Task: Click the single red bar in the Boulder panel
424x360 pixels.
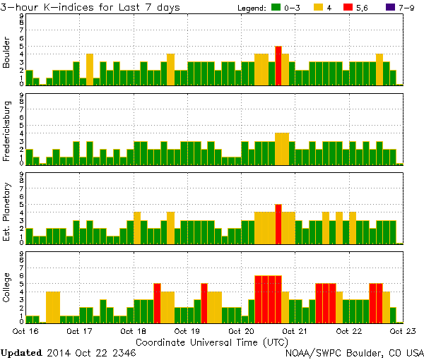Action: point(278,66)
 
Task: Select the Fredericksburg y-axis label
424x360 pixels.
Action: point(7,132)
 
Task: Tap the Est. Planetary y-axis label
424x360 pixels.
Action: point(7,211)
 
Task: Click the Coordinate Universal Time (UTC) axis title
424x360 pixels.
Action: point(212,342)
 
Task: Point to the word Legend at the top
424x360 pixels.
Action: point(251,8)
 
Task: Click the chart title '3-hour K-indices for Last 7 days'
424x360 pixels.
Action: point(91,7)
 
